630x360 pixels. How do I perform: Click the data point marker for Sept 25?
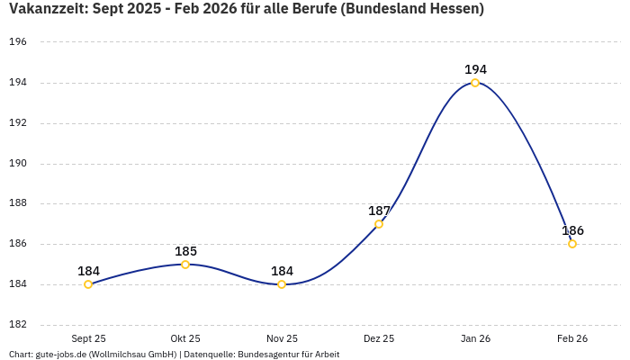[88, 284]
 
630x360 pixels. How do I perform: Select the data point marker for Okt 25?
[185, 265]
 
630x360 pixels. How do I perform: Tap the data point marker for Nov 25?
[282, 284]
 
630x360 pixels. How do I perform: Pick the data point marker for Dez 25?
[379, 224]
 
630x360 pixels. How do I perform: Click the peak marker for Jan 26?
[475, 83]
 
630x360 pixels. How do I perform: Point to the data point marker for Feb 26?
[572, 244]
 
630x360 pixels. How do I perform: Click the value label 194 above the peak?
[475, 69]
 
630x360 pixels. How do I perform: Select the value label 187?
[379, 211]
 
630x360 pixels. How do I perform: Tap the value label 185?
[185, 251]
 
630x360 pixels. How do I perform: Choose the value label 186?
[572, 230]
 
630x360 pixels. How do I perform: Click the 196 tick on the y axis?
[18, 42]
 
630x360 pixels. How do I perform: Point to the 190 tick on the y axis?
[18, 164]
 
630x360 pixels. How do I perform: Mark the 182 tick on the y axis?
[18, 325]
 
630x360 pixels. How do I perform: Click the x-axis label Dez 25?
[379, 339]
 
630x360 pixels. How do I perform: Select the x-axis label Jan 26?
[475, 339]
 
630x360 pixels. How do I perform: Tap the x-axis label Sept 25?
[88, 339]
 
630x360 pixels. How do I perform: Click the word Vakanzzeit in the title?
[46, 9]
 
